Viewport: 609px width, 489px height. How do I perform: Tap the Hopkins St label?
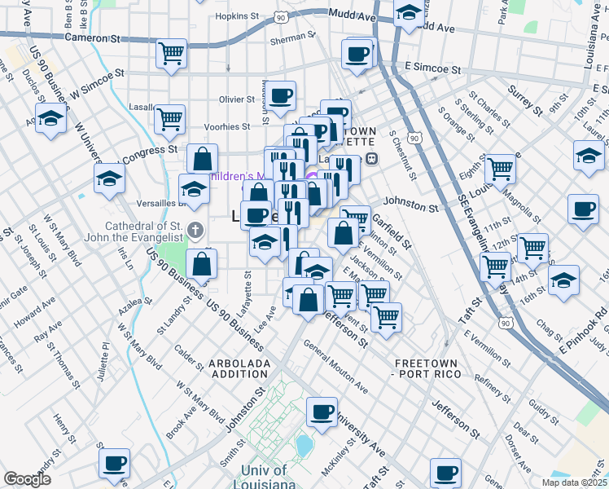[x=236, y=15]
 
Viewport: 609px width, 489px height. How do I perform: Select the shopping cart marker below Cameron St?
[x=172, y=55]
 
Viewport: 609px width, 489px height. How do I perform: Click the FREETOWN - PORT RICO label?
[x=427, y=368]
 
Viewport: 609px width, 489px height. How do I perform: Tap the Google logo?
[x=27, y=479]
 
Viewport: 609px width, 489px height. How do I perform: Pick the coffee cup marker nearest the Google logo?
[x=114, y=463]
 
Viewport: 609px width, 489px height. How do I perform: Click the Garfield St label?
[x=391, y=231]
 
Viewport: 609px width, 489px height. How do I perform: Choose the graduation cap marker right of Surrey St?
[x=589, y=153]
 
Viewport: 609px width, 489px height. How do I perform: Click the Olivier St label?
[x=237, y=99]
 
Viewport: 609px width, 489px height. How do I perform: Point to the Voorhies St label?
[x=226, y=127]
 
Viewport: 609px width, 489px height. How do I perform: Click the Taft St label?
[x=476, y=312]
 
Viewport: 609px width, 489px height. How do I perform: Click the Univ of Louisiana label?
[x=264, y=478]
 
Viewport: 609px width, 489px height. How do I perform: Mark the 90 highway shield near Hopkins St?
[x=281, y=15]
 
